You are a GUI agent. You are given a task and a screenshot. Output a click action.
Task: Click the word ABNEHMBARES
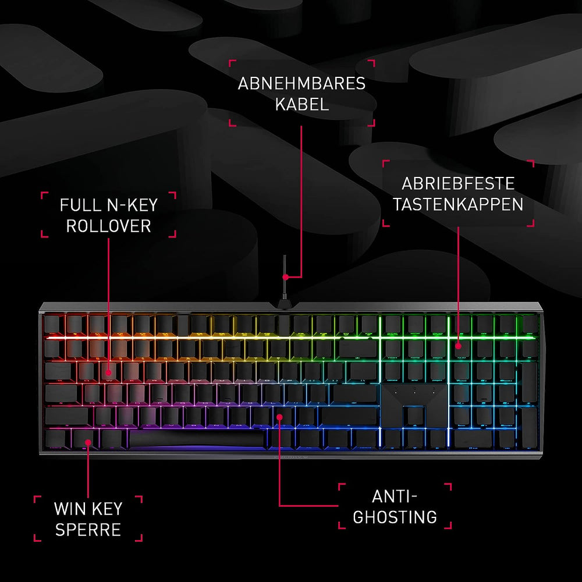pyautogui.click(x=301, y=83)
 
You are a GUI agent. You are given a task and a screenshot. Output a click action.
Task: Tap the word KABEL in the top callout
pyautogui.click(x=301, y=104)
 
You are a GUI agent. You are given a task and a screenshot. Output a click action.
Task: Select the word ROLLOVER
pyautogui.click(x=108, y=226)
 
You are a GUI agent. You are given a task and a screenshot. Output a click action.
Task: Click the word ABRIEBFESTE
pyautogui.click(x=458, y=183)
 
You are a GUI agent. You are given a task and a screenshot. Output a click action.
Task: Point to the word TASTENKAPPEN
pyautogui.click(x=458, y=204)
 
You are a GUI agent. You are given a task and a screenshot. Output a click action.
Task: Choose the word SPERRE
pyautogui.click(x=88, y=530)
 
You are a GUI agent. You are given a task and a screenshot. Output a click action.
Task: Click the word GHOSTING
pyautogui.click(x=395, y=517)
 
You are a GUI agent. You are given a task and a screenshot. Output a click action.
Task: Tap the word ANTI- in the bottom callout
pyautogui.click(x=395, y=496)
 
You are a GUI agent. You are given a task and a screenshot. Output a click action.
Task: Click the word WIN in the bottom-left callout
pyautogui.click(x=69, y=509)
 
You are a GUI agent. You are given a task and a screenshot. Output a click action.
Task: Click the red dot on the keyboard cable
pyautogui.click(x=285, y=277)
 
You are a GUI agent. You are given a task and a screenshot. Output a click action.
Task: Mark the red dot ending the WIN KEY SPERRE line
pyautogui.click(x=88, y=442)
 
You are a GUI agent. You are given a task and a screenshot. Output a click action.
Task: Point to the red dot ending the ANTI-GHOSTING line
pyautogui.click(x=279, y=417)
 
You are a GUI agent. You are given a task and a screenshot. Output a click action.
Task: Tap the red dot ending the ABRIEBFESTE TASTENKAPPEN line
pyautogui.click(x=459, y=346)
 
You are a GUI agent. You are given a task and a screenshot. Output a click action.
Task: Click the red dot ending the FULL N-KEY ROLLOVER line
pyautogui.click(x=108, y=372)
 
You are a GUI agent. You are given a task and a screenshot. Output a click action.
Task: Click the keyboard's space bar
pyautogui.click(x=197, y=439)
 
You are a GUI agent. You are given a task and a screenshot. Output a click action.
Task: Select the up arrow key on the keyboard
pyautogui.click(x=414, y=416)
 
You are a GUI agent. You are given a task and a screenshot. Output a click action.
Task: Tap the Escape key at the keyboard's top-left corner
pyautogui.click(x=52, y=324)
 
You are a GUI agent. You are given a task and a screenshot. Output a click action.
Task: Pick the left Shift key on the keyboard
pyautogui.click(x=67, y=416)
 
